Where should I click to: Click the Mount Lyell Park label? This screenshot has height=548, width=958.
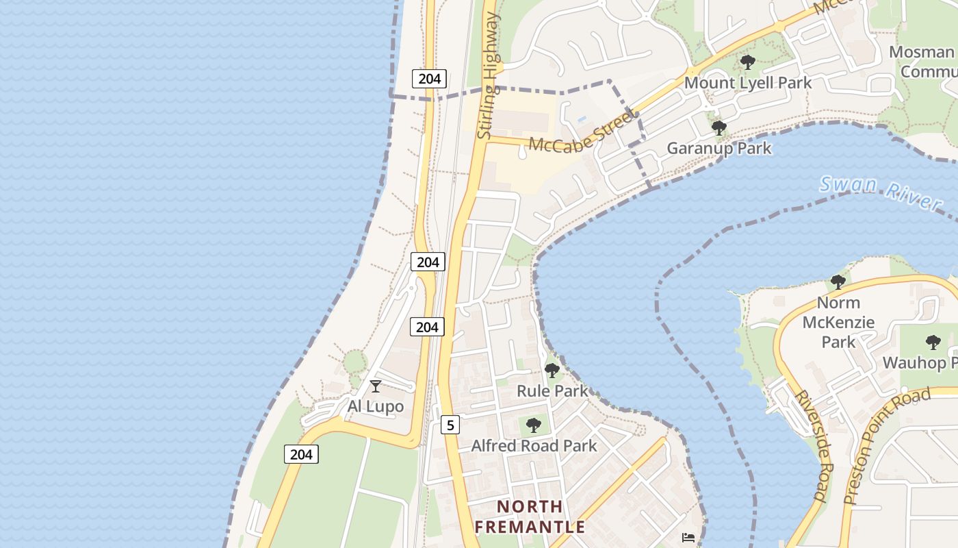pos(748,83)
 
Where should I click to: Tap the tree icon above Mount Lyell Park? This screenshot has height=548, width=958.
pos(748,62)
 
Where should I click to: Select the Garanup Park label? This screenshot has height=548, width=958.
pos(719,148)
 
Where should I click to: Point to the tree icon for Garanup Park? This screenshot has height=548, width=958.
pos(718,127)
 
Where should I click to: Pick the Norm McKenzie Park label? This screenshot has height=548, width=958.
pos(838,322)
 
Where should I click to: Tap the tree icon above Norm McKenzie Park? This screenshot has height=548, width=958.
pos(838,282)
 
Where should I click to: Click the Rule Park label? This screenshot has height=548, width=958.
pos(552,391)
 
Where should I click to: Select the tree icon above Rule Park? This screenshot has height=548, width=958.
pos(552,371)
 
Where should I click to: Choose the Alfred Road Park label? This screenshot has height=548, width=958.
pos(534,446)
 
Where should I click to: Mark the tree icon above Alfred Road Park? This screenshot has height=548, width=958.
pos(534,425)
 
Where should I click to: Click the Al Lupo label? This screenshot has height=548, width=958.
pos(376,406)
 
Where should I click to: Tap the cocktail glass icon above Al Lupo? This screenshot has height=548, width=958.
pos(376,386)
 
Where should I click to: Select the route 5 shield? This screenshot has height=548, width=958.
pos(450,425)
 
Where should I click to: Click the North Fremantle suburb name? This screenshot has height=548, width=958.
pos(530,516)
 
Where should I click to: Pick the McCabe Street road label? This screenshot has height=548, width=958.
pos(580,134)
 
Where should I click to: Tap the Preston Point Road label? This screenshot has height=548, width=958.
pos(887,445)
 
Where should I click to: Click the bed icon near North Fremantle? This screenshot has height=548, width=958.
pos(688,538)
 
